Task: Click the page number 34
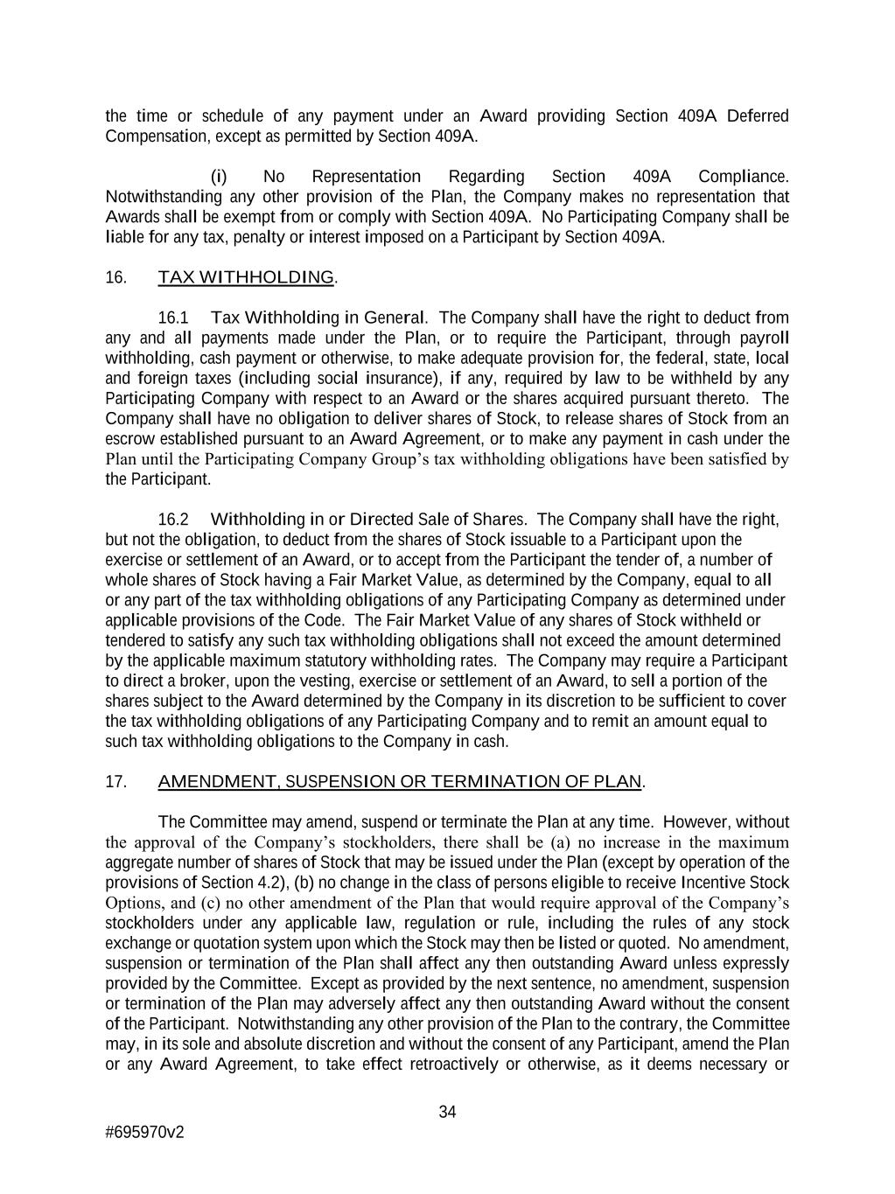(447, 1112)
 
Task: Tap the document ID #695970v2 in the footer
(144, 1132)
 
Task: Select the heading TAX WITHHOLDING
(246, 278)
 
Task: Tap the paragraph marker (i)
(219, 177)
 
